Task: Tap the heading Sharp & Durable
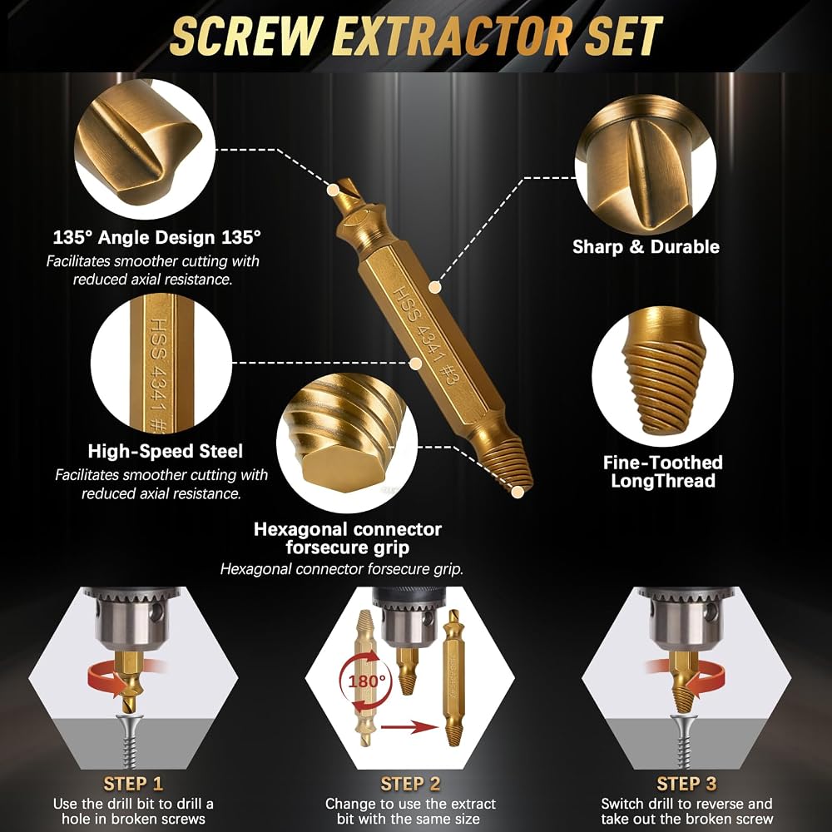(x=646, y=247)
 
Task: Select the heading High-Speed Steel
(x=165, y=451)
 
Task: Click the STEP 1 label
(x=133, y=784)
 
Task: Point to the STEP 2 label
(x=410, y=784)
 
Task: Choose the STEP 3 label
(x=686, y=784)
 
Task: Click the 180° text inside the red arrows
(x=367, y=681)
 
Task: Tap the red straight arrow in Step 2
(x=409, y=726)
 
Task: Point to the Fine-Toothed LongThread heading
(x=663, y=472)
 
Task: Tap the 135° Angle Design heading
(x=157, y=237)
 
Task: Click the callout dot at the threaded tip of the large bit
(x=518, y=492)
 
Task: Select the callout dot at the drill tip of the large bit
(x=334, y=190)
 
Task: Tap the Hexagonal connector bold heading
(x=348, y=538)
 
